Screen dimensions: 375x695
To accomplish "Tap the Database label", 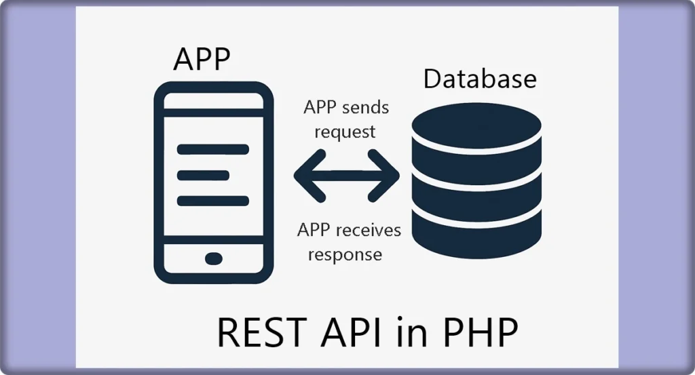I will coord(480,79).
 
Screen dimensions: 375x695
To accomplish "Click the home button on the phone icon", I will coord(213,258).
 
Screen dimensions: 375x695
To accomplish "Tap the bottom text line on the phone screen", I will coord(212,201).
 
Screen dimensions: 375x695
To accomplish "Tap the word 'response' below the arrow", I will coord(345,254).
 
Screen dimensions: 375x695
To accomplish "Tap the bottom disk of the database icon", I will coord(477,234).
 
